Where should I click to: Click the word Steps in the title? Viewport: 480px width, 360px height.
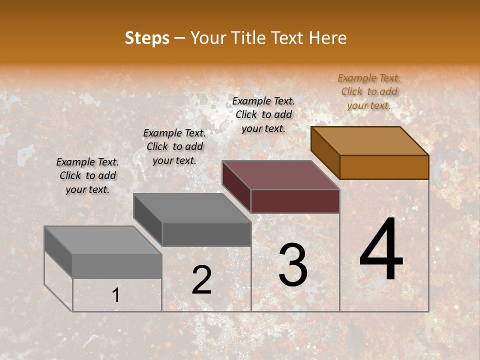pos(147,38)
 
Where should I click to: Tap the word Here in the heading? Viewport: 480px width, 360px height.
pos(327,38)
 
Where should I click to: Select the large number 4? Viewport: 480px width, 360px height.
pos(381,250)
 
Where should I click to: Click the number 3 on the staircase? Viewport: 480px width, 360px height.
pos(293,265)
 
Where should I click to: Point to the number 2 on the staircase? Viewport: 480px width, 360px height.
pos(201,280)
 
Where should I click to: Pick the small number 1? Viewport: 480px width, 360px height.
pos(116,295)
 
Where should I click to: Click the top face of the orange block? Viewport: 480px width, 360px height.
pos(370,141)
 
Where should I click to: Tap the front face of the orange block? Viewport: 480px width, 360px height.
pos(384,167)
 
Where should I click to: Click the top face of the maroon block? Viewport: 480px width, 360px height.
pos(281,175)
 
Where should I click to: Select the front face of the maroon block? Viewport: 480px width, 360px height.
pos(295,201)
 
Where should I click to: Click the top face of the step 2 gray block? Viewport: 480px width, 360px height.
pos(192,208)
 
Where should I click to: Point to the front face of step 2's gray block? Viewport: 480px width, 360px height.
pos(206,234)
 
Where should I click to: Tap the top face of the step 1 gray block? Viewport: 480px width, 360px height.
pos(103,240)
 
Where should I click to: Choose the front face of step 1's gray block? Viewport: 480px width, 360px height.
pos(117,266)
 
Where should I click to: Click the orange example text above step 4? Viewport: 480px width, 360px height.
pos(369,91)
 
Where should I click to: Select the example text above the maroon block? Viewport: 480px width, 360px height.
pos(263,114)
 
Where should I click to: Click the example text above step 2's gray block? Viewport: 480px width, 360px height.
pos(174,146)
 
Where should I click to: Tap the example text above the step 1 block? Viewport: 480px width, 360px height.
pos(87,175)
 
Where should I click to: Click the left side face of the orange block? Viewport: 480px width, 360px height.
pos(325,152)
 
